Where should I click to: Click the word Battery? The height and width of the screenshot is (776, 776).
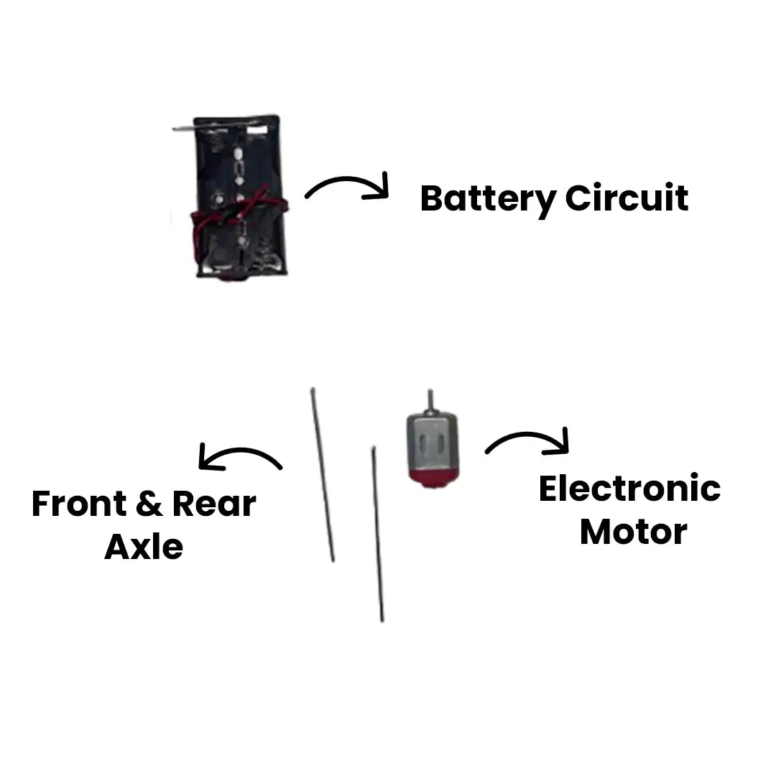tap(488, 198)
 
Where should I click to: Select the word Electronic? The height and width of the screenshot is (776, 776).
tap(629, 489)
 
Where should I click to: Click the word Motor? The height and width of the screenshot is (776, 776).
tap(633, 532)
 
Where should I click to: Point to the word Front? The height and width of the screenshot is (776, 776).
tap(78, 504)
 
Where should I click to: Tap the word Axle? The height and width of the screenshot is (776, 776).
tap(144, 548)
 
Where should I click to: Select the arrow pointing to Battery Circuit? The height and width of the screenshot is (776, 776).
tap(348, 187)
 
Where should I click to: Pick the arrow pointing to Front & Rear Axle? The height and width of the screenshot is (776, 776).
tap(240, 458)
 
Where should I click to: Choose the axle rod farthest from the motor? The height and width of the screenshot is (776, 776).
tap(323, 474)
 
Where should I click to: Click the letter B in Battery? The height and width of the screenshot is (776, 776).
tap(431, 198)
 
